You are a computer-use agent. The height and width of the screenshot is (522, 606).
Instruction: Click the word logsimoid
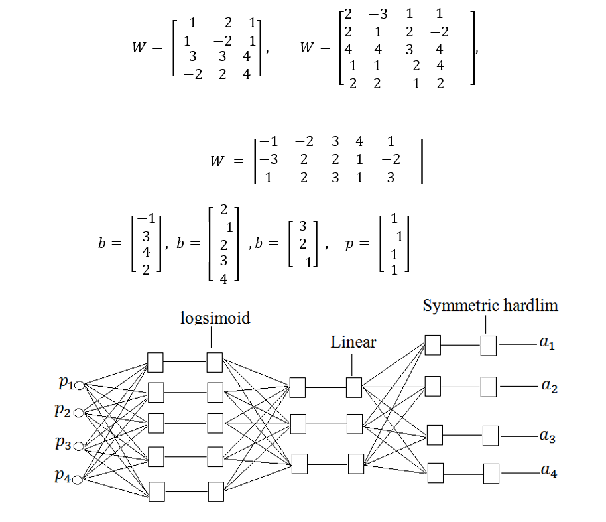click(x=215, y=318)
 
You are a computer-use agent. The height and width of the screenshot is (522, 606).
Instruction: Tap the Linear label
click(x=353, y=342)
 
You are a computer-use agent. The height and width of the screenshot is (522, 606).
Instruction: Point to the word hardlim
click(x=531, y=306)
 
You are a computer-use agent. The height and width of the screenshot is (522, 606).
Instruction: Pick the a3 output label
click(x=548, y=436)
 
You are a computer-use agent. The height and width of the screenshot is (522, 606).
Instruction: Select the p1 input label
click(x=66, y=383)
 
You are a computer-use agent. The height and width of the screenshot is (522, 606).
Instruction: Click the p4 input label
click(x=66, y=477)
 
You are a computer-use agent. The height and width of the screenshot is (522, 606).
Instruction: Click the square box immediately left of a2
click(x=489, y=385)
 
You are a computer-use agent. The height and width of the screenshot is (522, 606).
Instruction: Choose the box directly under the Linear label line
click(x=354, y=386)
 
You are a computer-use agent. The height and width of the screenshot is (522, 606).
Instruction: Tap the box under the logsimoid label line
click(x=214, y=362)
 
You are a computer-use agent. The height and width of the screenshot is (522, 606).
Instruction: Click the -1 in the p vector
click(x=394, y=237)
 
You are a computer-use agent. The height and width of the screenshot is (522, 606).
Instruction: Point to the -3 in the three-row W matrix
click(x=266, y=159)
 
